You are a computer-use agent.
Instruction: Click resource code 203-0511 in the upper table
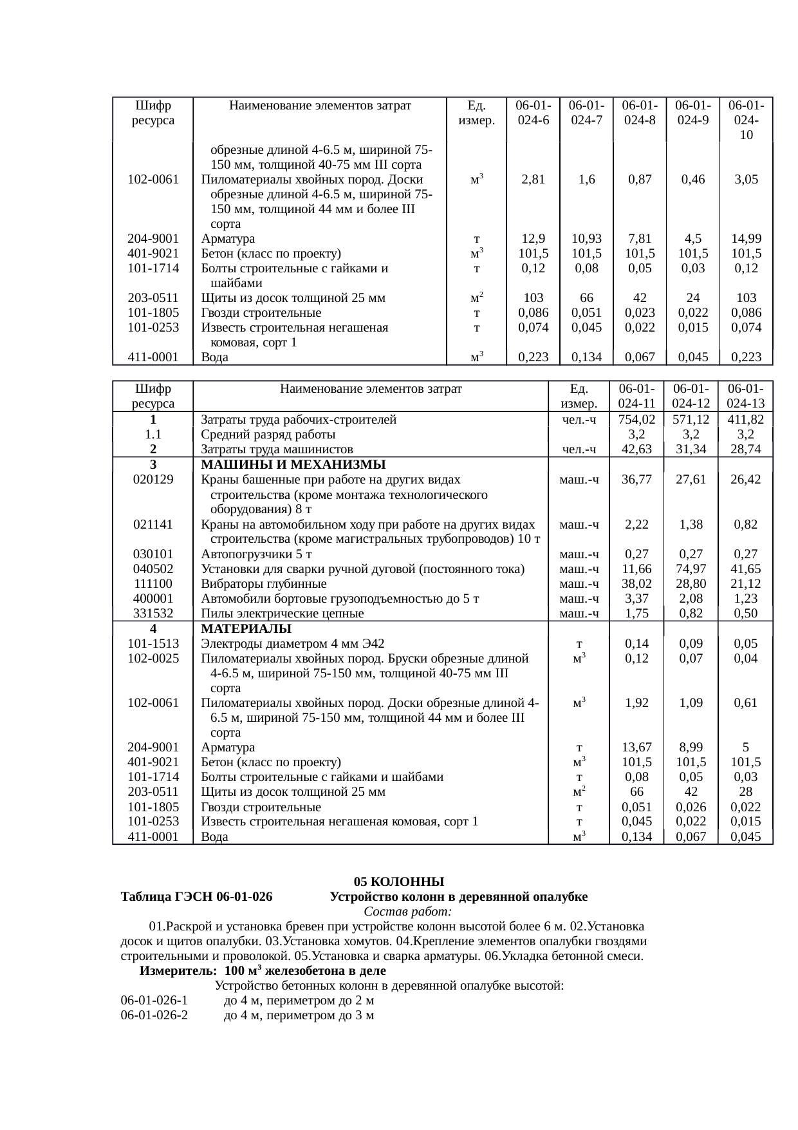pyautogui.click(x=153, y=298)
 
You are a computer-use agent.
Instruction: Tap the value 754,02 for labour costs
pyautogui.click(x=636, y=420)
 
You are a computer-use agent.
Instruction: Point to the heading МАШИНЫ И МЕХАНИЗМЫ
pyautogui.click(x=293, y=465)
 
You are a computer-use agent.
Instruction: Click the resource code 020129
pyautogui.click(x=153, y=480)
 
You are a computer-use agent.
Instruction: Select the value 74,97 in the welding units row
pyautogui.click(x=691, y=569)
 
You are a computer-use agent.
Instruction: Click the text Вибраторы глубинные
pyautogui.click(x=263, y=584)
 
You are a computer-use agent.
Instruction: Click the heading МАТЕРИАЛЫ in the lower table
pyautogui.click(x=246, y=628)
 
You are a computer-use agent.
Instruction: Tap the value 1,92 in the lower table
pyautogui.click(x=636, y=703)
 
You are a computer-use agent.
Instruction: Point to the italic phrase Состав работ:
pyautogui.click(x=407, y=912)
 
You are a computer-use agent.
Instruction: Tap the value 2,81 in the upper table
pyautogui.click(x=533, y=180)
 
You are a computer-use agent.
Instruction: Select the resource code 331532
pyautogui.click(x=153, y=614)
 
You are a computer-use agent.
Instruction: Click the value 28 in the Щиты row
pyautogui.click(x=745, y=792)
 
